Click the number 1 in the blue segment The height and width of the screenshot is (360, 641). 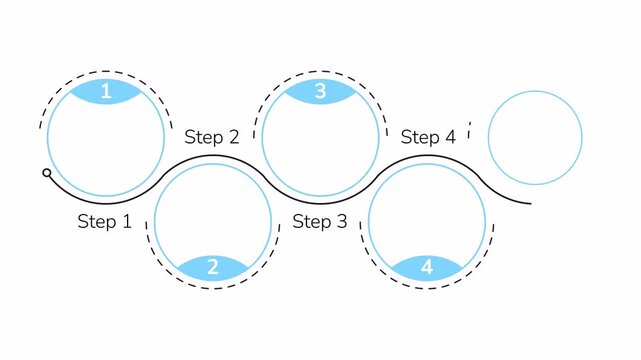coord(107,92)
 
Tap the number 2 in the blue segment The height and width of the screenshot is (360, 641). coord(213,267)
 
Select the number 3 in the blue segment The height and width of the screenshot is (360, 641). coord(320,92)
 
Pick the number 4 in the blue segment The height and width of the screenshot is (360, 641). coord(427,267)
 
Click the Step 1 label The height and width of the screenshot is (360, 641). coord(104,222)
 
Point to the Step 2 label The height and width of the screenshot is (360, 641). coord(212,137)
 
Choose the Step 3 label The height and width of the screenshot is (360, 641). coord(320,222)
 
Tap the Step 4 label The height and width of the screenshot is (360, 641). coord(428,137)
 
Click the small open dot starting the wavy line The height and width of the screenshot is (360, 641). coord(47,173)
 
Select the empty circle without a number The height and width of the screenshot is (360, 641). coord(535,138)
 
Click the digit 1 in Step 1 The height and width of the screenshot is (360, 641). coord(126,222)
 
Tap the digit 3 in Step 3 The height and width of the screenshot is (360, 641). coord(341,222)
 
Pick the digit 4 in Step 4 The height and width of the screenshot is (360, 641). coord(449,137)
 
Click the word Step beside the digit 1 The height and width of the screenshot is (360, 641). coord(96,222)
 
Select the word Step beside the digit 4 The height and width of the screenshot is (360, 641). coord(420,137)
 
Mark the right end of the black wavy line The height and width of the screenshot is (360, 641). coord(530,202)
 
